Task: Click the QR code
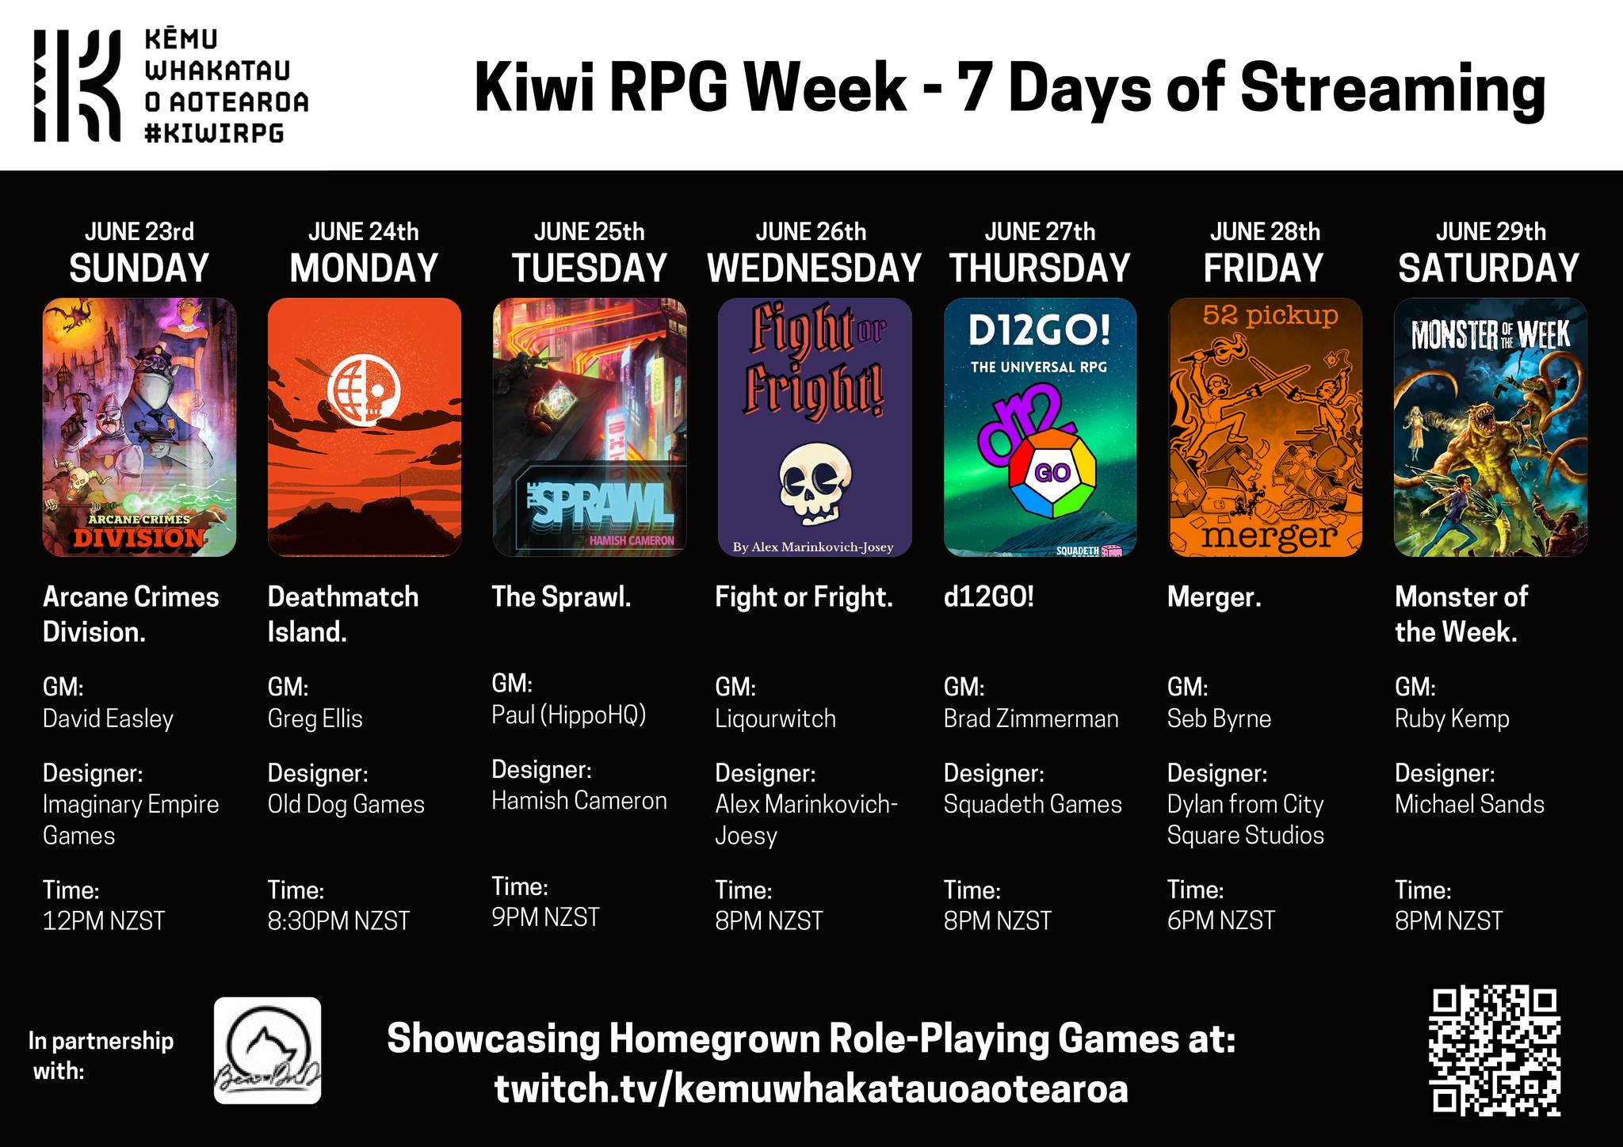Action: (x=1494, y=1050)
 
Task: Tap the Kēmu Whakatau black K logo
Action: (x=77, y=86)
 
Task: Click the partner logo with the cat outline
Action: (x=267, y=1050)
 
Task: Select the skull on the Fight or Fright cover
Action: (x=815, y=484)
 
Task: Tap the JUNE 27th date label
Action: (x=1040, y=231)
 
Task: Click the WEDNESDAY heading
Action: (x=814, y=268)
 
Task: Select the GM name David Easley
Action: (x=108, y=718)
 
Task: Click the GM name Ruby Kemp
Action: (x=1452, y=718)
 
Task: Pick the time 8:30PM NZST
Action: (x=338, y=920)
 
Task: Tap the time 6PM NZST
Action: (x=1221, y=920)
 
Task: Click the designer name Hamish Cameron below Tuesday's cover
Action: (x=579, y=800)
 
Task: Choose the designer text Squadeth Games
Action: (x=1033, y=804)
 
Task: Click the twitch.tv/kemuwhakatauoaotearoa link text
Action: (x=811, y=1088)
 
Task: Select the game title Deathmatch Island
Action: (x=343, y=614)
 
